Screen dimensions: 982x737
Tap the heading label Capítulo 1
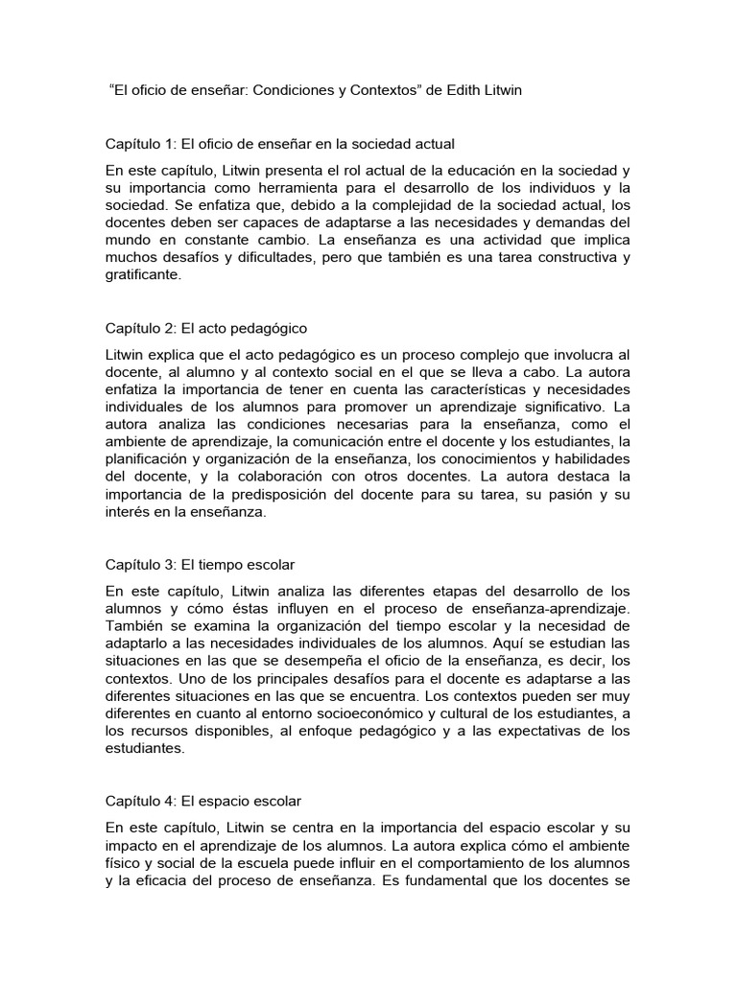click(139, 144)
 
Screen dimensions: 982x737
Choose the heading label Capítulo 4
click(139, 800)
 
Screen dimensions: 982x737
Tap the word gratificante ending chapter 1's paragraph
click(142, 274)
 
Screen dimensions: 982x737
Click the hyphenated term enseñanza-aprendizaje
click(540, 608)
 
